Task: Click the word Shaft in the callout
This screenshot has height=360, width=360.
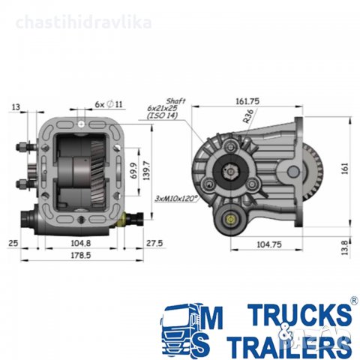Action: click(177, 100)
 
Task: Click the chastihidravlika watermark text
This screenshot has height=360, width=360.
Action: click(82, 22)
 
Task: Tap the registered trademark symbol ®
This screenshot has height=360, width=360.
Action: click(352, 301)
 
